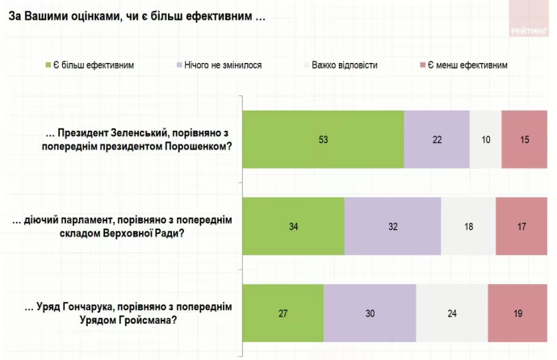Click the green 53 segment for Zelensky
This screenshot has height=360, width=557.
pos(323,139)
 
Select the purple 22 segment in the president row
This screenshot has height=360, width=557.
pos(437,139)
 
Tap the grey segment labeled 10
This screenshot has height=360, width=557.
pos(485,139)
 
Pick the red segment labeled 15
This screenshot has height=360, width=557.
pos(525,139)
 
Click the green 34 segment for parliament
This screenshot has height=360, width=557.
pos(294,226)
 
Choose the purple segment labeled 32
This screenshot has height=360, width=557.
pos(393,226)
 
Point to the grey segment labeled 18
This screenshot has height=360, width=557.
pos(468,226)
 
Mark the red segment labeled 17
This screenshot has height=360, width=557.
pos(521,226)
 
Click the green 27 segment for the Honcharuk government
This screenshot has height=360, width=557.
pos(283,314)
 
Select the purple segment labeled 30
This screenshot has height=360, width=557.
pos(370,314)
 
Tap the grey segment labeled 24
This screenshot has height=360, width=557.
pos(452,314)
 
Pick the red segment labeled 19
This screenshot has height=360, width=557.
pos(517,314)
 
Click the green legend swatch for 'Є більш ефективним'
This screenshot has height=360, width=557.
pos(48,65)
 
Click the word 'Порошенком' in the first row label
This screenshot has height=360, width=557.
pos(198,145)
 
